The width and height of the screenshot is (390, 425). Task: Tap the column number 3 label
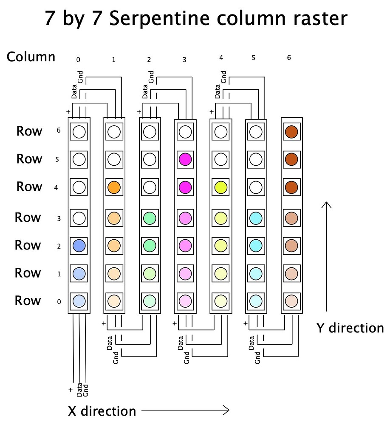[x=184, y=59]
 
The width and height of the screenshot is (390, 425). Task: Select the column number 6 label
[x=289, y=58]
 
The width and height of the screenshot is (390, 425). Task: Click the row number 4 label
[x=56, y=187]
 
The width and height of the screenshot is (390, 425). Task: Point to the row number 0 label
[x=59, y=302]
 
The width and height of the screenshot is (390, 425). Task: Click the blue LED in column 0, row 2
[x=79, y=246]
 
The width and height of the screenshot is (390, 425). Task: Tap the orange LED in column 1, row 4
[x=114, y=187]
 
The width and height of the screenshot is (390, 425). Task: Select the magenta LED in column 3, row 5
[x=185, y=159]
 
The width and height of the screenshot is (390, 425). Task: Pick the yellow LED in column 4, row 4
[x=221, y=187]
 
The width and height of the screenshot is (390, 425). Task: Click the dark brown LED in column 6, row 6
[x=291, y=132]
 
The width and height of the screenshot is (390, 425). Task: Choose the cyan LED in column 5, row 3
[x=256, y=218]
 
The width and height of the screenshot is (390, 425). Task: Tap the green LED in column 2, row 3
[x=150, y=218]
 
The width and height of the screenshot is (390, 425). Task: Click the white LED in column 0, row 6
[x=79, y=132]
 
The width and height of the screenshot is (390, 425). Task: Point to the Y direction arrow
[x=326, y=256]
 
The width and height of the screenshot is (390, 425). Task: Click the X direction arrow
[x=185, y=410]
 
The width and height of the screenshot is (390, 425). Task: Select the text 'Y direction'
[x=350, y=328]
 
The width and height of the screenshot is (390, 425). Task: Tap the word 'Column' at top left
[x=31, y=57]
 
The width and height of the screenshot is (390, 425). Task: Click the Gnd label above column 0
[x=80, y=77]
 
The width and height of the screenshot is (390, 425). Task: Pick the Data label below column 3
[x=181, y=343]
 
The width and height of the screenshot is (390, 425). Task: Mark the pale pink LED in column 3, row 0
[x=185, y=301]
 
